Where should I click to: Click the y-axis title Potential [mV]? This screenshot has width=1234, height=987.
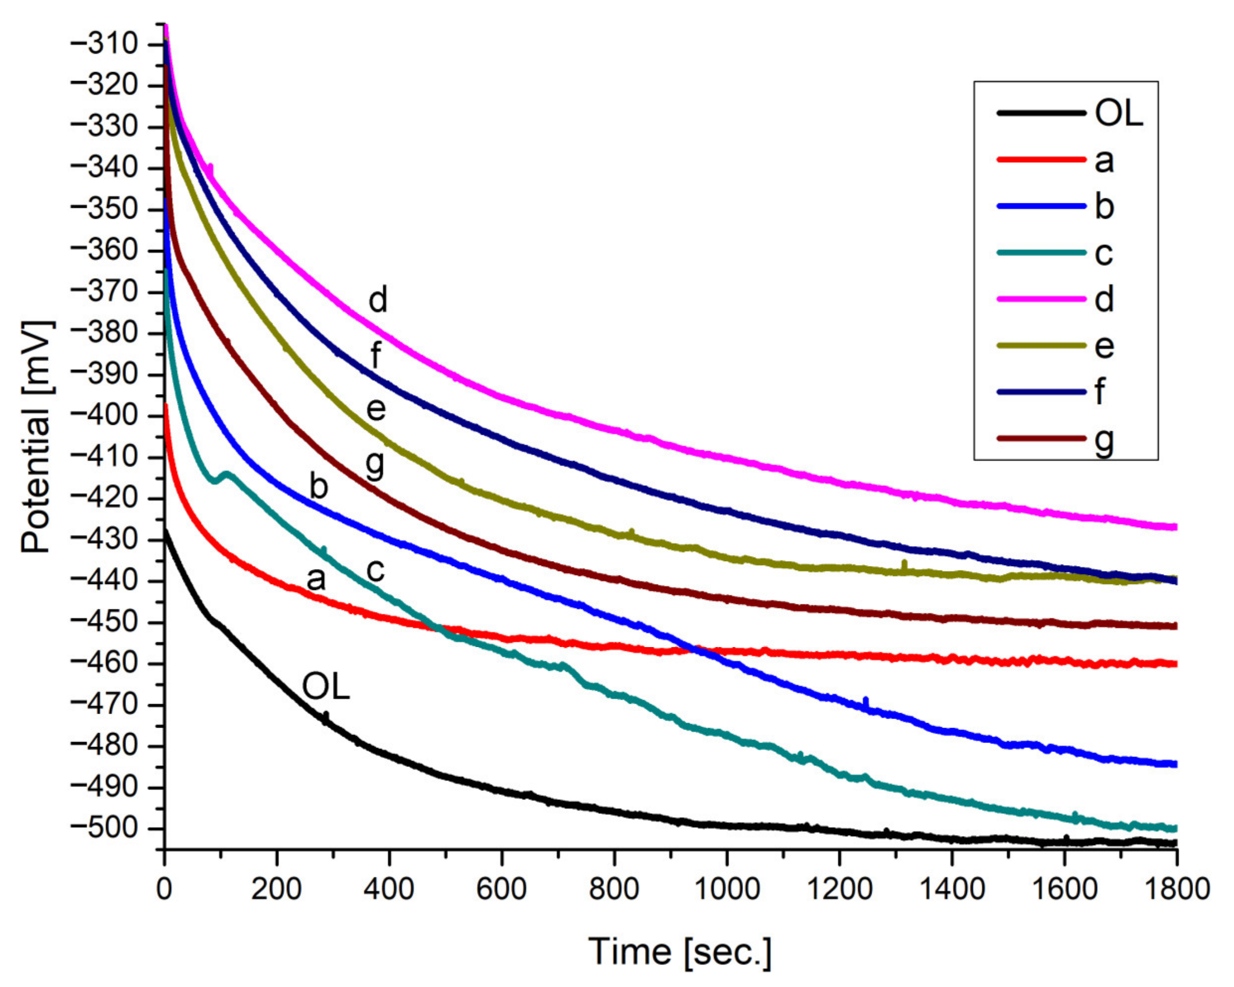(x=35, y=437)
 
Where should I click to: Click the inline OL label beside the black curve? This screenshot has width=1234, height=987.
(x=326, y=686)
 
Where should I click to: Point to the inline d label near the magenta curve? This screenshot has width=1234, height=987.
(x=378, y=300)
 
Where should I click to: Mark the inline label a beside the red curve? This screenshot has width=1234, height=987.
(x=316, y=579)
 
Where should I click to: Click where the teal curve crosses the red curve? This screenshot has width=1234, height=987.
(x=440, y=630)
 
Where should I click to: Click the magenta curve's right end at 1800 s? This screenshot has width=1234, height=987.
(x=1174, y=527)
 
